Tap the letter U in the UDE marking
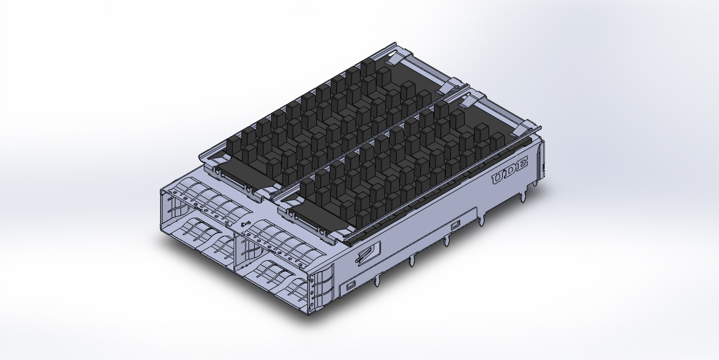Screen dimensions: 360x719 [x=499, y=178]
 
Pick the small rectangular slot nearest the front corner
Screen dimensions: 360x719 [x=350, y=285]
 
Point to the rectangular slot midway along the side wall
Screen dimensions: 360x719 [x=455, y=226]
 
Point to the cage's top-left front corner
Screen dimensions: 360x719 [x=161, y=190]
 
